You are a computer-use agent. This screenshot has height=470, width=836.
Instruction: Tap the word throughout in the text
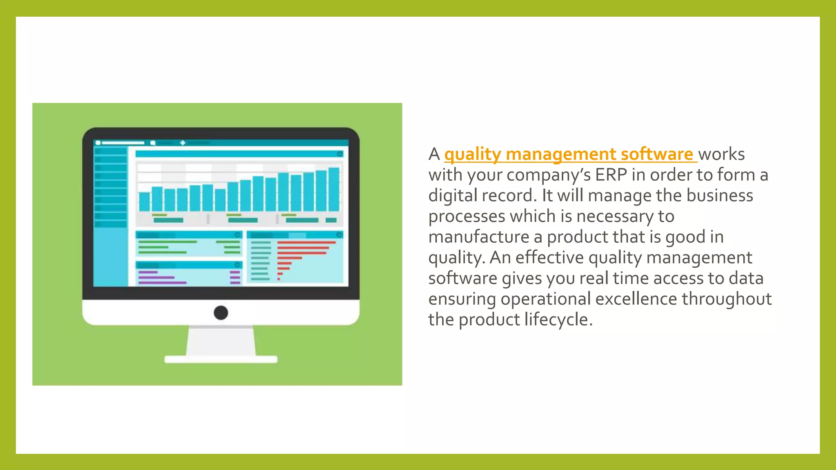pyautogui.click(x=727, y=299)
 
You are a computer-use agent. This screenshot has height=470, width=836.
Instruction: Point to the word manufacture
pyautogui.click(x=478, y=237)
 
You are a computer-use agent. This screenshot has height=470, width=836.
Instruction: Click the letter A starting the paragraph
pyautogui.click(x=434, y=155)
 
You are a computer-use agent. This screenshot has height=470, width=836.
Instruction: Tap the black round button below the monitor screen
pyautogui.click(x=221, y=313)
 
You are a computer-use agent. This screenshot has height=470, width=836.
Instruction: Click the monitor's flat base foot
pyautogui.click(x=221, y=359)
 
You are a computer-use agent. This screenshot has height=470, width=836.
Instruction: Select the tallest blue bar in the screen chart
pyautogui.click(x=334, y=189)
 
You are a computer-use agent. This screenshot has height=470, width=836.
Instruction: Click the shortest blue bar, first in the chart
pyautogui.click(x=145, y=202)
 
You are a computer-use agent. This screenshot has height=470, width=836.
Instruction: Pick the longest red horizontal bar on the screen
pyautogui.click(x=306, y=242)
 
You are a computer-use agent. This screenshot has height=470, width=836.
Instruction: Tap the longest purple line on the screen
pyautogui.click(x=162, y=282)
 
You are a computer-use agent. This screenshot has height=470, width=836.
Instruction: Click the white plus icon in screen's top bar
pyautogui.click(x=182, y=143)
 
